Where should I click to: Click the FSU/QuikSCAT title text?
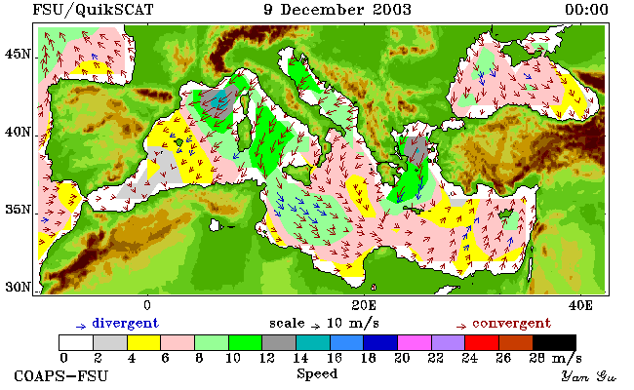93,10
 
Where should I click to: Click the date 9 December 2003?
337,10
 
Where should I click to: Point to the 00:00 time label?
586,10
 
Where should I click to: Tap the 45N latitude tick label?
18,55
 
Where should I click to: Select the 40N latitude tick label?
18,133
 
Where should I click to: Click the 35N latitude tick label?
18,210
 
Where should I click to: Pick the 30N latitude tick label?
18,288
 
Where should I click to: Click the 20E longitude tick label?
364,305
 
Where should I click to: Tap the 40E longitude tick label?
580,305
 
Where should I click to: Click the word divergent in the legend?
126,324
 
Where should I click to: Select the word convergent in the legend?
511,324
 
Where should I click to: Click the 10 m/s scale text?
352,324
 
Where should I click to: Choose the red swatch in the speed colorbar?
482,342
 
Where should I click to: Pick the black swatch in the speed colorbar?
554,342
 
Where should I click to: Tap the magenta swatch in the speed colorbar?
414,342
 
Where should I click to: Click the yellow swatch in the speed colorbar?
144,342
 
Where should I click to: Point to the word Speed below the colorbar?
317,373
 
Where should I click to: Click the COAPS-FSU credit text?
61,375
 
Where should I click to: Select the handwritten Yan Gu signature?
588,376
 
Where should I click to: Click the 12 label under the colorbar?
266,358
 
